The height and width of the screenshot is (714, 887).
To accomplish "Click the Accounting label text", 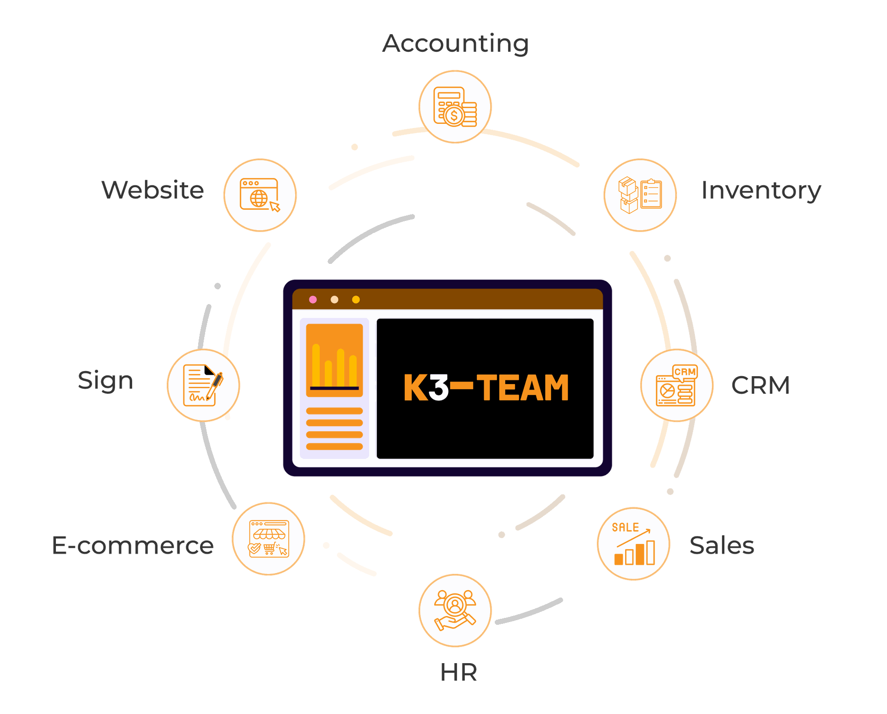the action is point(456,43).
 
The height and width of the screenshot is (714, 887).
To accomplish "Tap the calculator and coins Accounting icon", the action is point(455,107).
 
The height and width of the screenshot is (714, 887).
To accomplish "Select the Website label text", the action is point(152,190).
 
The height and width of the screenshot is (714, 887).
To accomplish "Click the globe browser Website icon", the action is point(260,195).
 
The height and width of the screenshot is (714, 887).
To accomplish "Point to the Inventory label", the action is point(761,190).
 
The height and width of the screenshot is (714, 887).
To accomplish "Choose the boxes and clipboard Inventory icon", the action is point(640,195).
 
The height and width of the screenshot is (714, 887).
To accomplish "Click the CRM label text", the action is point(761,385).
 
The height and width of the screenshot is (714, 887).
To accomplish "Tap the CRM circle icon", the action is point(677,385).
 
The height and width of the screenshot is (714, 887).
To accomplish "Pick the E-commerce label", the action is point(133,545).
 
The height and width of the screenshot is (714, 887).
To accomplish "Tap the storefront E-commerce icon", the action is point(268,539).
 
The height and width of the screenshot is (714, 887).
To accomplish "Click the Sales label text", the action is point(722,545).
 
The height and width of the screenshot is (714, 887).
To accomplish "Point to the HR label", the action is point(458,672).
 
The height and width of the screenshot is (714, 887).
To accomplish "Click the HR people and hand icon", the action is point(455,610).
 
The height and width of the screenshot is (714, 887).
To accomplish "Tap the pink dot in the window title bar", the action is point(313,299).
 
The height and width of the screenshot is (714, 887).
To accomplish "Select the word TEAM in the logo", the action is point(522,387).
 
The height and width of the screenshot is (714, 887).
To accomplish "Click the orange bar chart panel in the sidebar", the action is point(334,360).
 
